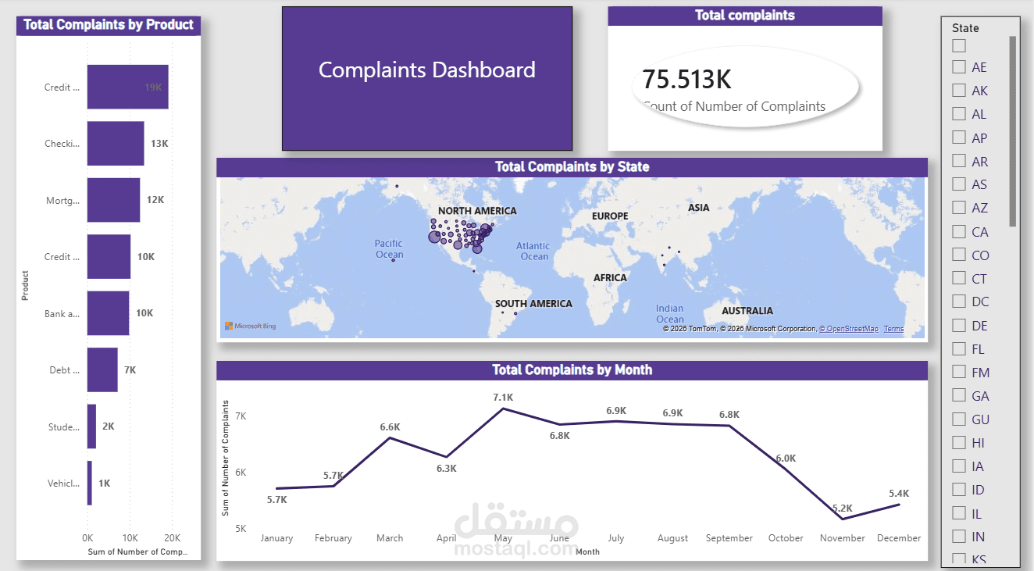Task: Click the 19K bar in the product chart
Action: tap(127, 87)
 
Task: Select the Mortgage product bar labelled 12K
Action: tap(113, 200)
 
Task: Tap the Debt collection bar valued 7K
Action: tap(102, 369)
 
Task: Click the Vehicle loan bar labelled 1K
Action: tap(90, 483)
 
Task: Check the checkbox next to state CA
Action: tap(959, 231)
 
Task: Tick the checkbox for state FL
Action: tap(959, 348)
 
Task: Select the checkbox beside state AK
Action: tap(959, 90)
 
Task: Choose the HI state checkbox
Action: tap(959, 442)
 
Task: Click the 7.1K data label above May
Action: tap(503, 398)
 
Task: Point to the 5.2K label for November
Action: tap(843, 508)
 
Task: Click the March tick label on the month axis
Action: tap(390, 538)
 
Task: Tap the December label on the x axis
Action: tap(899, 538)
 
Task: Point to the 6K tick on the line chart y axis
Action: tap(240, 472)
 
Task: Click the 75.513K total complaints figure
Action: tap(686, 79)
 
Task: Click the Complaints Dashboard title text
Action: tap(427, 70)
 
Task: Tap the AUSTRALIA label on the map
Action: tap(747, 311)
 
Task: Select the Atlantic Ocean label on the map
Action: tap(534, 251)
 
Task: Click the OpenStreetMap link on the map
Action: tap(850, 329)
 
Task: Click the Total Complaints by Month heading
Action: tap(572, 370)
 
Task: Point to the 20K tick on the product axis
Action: tap(172, 538)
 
